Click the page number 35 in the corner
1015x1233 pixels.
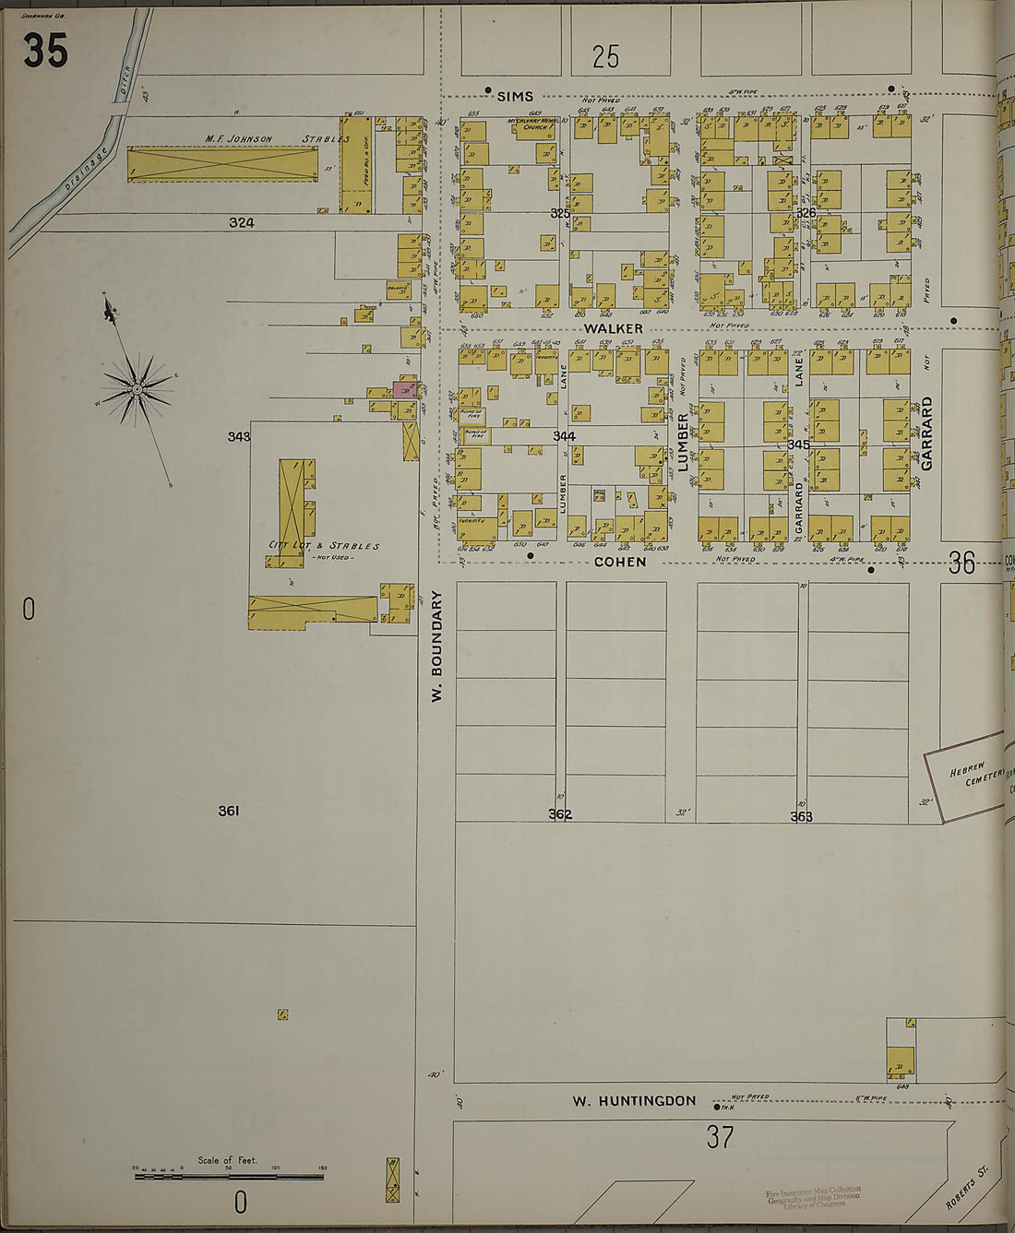(x=45, y=51)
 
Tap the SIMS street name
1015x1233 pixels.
(x=515, y=96)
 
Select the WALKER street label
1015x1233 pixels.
(x=613, y=328)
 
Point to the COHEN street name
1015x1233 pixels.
(x=619, y=561)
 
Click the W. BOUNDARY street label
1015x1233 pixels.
(x=437, y=646)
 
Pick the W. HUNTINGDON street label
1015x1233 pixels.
(x=633, y=1100)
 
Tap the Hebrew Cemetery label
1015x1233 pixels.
(x=973, y=773)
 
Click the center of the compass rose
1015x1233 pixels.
(x=137, y=389)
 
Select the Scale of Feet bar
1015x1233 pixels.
(x=228, y=1176)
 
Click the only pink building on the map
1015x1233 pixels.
(x=404, y=389)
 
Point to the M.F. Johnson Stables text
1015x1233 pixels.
(x=277, y=139)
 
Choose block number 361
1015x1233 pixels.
(x=229, y=811)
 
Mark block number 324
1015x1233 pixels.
(x=242, y=222)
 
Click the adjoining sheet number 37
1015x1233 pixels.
(x=720, y=1137)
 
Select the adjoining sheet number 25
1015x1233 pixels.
(x=605, y=57)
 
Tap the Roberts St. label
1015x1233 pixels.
(x=966, y=1187)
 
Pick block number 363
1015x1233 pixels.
(x=801, y=816)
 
